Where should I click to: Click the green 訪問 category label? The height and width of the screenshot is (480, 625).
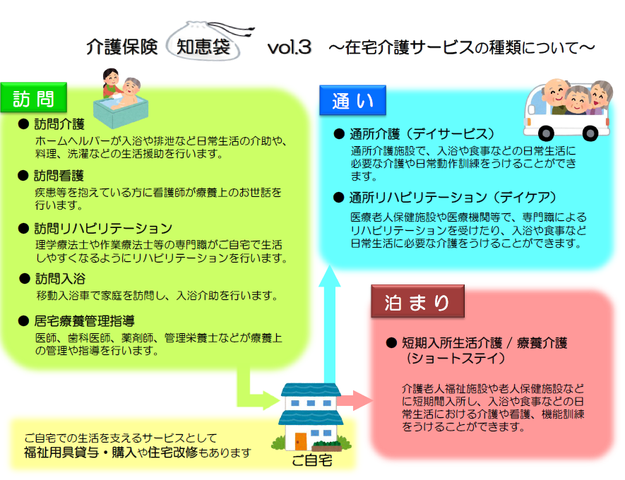(x=33, y=97)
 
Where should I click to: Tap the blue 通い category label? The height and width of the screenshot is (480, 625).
(x=353, y=100)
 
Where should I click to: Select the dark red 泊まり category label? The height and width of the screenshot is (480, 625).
(x=417, y=301)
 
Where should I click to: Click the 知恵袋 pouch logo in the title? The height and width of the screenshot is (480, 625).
(x=207, y=42)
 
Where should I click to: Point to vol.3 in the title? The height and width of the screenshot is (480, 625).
(x=289, y=47)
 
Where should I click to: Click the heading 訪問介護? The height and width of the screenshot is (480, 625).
(x=59, y=124)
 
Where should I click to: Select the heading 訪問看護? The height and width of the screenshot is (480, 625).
(x=59, y=176)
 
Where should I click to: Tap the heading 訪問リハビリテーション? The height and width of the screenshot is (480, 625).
(x=103, y=228)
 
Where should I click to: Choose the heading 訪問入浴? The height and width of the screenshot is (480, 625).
(x=60, y=278)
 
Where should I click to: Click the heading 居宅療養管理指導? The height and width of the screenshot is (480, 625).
(x=85, y=320)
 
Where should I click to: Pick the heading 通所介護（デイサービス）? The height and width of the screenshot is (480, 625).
(x=422, y=134)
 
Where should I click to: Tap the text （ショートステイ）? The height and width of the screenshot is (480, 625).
(x=456, y=358)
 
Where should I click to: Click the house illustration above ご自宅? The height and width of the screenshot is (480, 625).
(x=311, y=416)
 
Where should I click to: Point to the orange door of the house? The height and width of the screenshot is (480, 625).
(x=301, y=441)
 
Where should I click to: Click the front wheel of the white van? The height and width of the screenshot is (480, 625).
(x=546, y=133)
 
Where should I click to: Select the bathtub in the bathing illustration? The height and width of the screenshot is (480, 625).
(x=121, y=112)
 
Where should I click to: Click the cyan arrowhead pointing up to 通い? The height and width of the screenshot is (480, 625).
(x=329, y=276)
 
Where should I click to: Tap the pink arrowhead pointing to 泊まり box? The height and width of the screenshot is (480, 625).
(x=362, y=400)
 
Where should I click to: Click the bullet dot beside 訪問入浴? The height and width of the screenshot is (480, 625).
(x=25, y=278)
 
